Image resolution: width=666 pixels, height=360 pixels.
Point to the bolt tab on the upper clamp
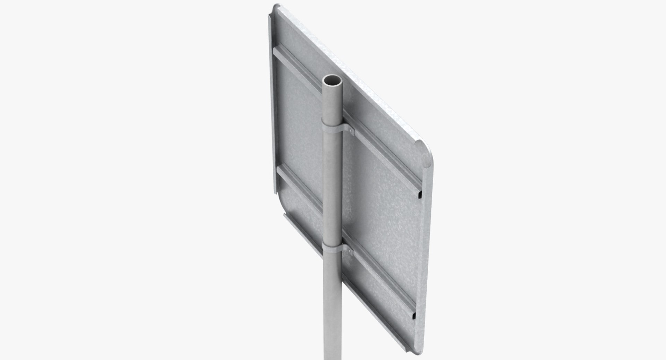pyautogui.click(x=351, y=131)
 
